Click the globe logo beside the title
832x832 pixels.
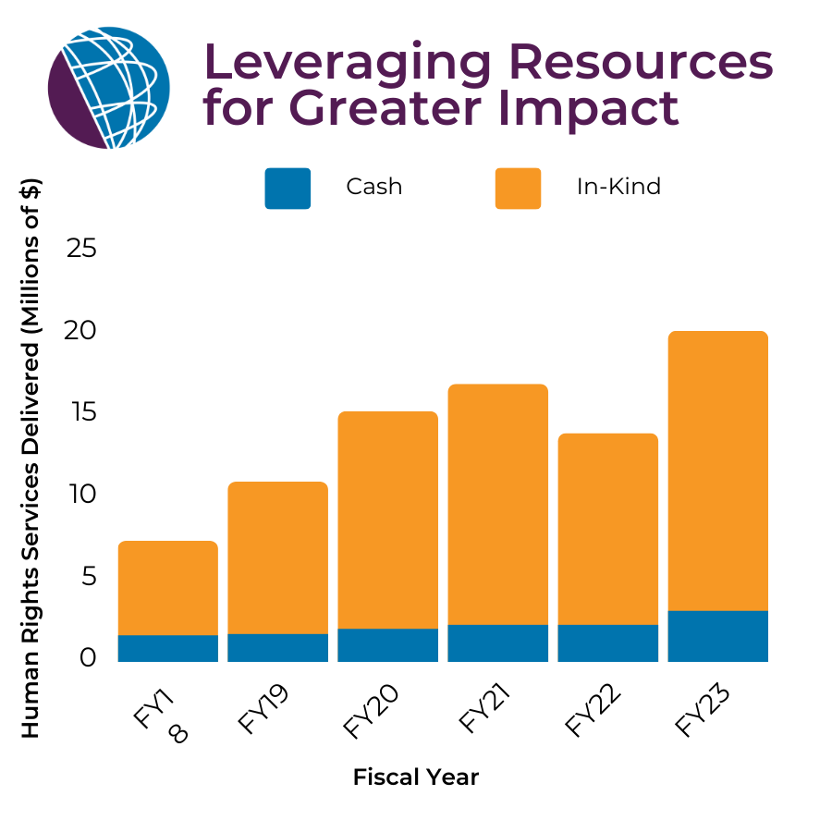pos(108,88)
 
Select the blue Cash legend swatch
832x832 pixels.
pos(288,188)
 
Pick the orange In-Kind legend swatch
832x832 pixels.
pos(518,188)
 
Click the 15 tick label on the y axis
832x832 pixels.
pos(82,412)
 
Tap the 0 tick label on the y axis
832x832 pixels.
pos(88,658)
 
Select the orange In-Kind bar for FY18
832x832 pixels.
pos(167,588)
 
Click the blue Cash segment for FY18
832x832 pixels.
pos(167,648)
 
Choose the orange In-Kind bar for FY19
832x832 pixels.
pos(277,557)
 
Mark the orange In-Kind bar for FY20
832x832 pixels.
pos(387,520)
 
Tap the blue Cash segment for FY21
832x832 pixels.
pos(497,643)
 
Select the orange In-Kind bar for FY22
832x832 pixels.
pos(607,529)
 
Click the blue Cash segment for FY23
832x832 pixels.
pos(717,636)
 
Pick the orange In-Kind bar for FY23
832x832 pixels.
pos(717,471)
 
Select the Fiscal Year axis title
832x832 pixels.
pos(416,777)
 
